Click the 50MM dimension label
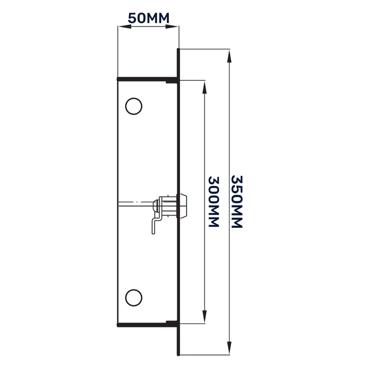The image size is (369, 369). click(x=148, y=18)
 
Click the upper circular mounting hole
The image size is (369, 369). click(x=133, y=106)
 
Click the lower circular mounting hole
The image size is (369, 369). click(x=133, y=296)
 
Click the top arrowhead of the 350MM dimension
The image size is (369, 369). click(x=229, y=54)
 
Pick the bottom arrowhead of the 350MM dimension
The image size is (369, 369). click(x=229, y=350)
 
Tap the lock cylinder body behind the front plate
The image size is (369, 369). click(x=168, y=205)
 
